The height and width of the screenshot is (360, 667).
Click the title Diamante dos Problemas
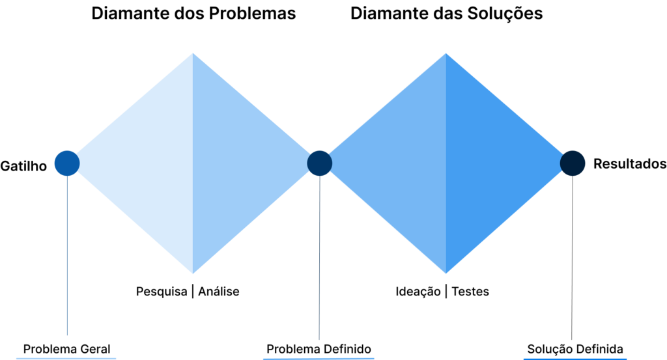[193, 14]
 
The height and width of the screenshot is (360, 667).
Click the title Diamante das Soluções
[446, 14]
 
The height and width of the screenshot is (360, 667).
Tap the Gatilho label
[23, 166]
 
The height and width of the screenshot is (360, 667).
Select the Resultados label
[630, 163]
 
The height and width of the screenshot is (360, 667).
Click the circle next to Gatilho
[67, 163]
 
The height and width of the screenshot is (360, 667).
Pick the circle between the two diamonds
[319, 163]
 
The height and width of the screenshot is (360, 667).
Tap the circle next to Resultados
[573, 163]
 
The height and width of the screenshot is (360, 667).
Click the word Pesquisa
[162, 292]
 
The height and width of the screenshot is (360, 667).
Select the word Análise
[219, 291]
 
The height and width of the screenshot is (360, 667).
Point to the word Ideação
[418, 292]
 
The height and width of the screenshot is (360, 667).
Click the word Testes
[470, 292]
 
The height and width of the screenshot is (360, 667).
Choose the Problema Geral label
[67, 349]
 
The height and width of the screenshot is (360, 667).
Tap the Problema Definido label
[319, 349]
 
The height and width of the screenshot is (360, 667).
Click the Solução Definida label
[575, 349]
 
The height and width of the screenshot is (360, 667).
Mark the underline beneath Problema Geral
[66, 358]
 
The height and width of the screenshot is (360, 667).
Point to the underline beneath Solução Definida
[575, 359]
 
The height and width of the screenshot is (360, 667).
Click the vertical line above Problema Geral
[67, 255]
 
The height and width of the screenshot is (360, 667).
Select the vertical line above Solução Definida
[572, 258]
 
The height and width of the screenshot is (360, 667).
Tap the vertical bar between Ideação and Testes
[446, 292]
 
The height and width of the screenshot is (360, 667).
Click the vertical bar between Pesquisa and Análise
[193, 292]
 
